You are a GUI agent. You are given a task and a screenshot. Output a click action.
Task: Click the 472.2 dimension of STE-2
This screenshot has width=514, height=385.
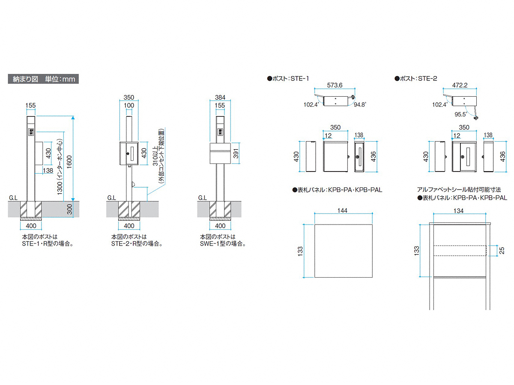[461, 86]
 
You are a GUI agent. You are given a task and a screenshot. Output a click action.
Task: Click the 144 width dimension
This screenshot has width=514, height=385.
[342, 210]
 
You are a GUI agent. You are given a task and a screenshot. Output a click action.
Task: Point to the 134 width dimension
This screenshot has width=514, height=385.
[458, 210]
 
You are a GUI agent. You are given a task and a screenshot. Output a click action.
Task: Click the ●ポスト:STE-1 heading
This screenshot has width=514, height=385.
[287, 78]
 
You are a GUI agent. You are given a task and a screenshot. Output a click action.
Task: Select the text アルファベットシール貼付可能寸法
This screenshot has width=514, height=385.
[458, 189]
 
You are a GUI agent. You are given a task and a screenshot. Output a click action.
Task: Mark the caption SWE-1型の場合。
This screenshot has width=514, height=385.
[223, 243]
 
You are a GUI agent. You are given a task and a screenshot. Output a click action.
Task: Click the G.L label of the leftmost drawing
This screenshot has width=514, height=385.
[13, 198]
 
